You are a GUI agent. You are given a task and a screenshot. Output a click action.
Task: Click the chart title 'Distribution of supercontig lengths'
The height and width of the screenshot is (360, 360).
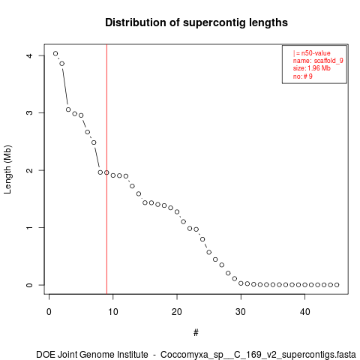[x=196, y=22]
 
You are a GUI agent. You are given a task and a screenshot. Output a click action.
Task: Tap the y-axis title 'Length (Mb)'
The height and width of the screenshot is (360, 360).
[x=7, y=169]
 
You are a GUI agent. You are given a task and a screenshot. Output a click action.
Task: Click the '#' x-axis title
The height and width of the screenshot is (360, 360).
[x=196, y=333]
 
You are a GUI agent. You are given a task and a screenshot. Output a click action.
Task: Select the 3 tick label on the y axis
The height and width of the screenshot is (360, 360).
[x=29, y=112]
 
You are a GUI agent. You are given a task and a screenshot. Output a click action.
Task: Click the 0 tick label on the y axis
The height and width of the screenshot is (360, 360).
[x=29, y=285]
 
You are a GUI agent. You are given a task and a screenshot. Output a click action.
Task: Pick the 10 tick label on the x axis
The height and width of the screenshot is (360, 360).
[x=113, y=312]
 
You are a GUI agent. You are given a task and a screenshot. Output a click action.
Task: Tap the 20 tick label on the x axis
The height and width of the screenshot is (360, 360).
[x=177, y=312]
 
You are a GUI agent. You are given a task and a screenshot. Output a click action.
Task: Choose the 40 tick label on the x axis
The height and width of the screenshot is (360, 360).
[x=305, y=312]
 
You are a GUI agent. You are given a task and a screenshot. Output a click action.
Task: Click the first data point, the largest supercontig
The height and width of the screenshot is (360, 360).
[x=55, y=53]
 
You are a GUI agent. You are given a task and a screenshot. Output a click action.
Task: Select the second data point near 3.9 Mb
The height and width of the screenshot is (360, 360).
[x=62, y=64]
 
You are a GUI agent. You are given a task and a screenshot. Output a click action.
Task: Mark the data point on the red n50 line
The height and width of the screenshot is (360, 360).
[x=106, y=172]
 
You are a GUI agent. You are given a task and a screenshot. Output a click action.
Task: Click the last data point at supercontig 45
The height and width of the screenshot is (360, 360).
[x=337, y=285]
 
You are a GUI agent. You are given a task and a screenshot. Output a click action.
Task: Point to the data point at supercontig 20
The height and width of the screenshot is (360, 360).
[x=177, y=211]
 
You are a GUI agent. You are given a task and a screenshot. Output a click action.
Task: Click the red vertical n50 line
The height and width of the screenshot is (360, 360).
[x=106, y=169]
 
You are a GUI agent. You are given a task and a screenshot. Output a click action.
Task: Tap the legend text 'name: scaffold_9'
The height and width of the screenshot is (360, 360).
[x=318, y=61]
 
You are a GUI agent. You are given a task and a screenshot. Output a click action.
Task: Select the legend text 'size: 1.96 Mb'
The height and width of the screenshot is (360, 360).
[x=312, y=68]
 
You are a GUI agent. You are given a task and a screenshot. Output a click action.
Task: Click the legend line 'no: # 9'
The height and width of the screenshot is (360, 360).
[x=303, y=76]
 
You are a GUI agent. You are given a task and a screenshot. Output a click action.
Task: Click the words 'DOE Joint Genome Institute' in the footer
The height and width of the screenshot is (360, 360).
[x=92, y=355]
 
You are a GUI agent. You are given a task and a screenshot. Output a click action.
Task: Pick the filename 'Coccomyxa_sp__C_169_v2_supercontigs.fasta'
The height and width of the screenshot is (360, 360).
[x=258, y=355]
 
